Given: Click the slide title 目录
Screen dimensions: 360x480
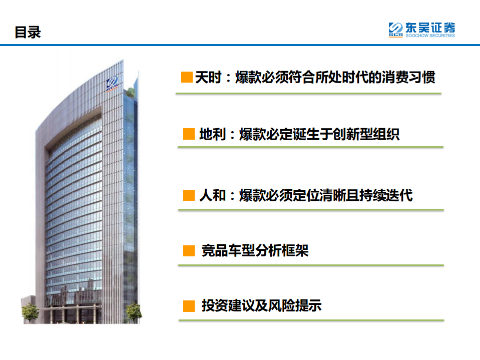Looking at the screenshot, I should tap(28, 33).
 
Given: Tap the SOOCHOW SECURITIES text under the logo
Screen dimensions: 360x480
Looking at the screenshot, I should tap(430, 36).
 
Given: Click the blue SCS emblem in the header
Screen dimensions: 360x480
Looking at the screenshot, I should tap(396, 30).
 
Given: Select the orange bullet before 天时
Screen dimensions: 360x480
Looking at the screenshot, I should tap(187, 77).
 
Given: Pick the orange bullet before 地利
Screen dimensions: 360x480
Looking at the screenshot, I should tap(189, 134).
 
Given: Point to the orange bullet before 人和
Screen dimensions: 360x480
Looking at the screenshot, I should tap(189, 195).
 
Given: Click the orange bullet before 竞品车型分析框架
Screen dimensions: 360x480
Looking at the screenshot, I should tap(189, 250).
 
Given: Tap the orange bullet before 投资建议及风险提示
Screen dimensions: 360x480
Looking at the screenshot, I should tap(189, 305).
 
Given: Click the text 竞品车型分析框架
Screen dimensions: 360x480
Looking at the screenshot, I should tap(255, 250).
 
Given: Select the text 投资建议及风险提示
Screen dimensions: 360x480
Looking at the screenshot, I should tap(261, 305).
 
